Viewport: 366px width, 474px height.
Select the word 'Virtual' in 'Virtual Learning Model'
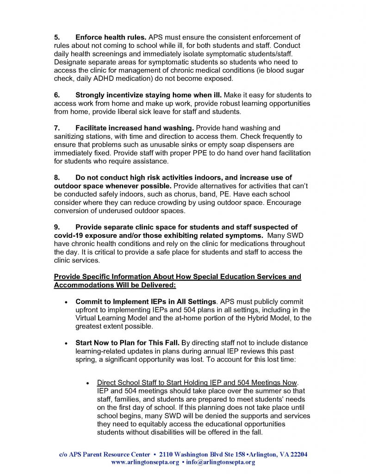(87, 318)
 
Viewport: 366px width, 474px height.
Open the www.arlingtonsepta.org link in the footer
(145, 462)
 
